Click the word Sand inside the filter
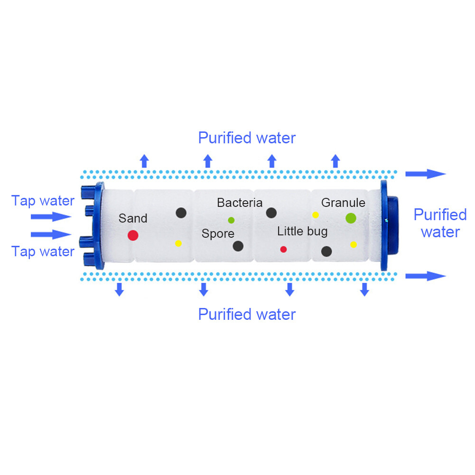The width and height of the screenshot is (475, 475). (133, 218)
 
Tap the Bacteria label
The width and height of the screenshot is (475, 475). (240, 203)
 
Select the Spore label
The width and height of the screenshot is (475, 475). (218, 233)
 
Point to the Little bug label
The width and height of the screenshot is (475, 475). (302, 232)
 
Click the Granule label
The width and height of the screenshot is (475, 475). (343, 203)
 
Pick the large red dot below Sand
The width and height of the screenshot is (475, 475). (133, 235)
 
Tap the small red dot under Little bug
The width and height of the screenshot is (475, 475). (284, 249)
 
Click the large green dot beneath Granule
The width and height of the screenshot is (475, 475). (351, 218)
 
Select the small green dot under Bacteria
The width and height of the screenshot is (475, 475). (231, 220)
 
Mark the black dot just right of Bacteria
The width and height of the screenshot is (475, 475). (271, 213)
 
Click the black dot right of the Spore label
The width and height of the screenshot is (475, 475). (238, 246)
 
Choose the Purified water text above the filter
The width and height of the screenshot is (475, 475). (247, 138)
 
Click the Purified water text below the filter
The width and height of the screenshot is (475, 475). (247, 315)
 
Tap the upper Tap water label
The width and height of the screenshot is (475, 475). (43, 201)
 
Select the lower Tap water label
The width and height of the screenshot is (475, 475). (43, 252)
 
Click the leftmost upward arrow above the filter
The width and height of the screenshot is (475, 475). (145, 161)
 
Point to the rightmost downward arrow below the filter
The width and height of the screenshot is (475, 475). (364, 289)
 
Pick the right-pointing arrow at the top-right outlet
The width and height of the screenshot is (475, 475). (426, 174)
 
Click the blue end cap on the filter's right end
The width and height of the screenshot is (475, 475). (389, 225)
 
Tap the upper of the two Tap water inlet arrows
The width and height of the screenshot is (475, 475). (51, 216)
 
